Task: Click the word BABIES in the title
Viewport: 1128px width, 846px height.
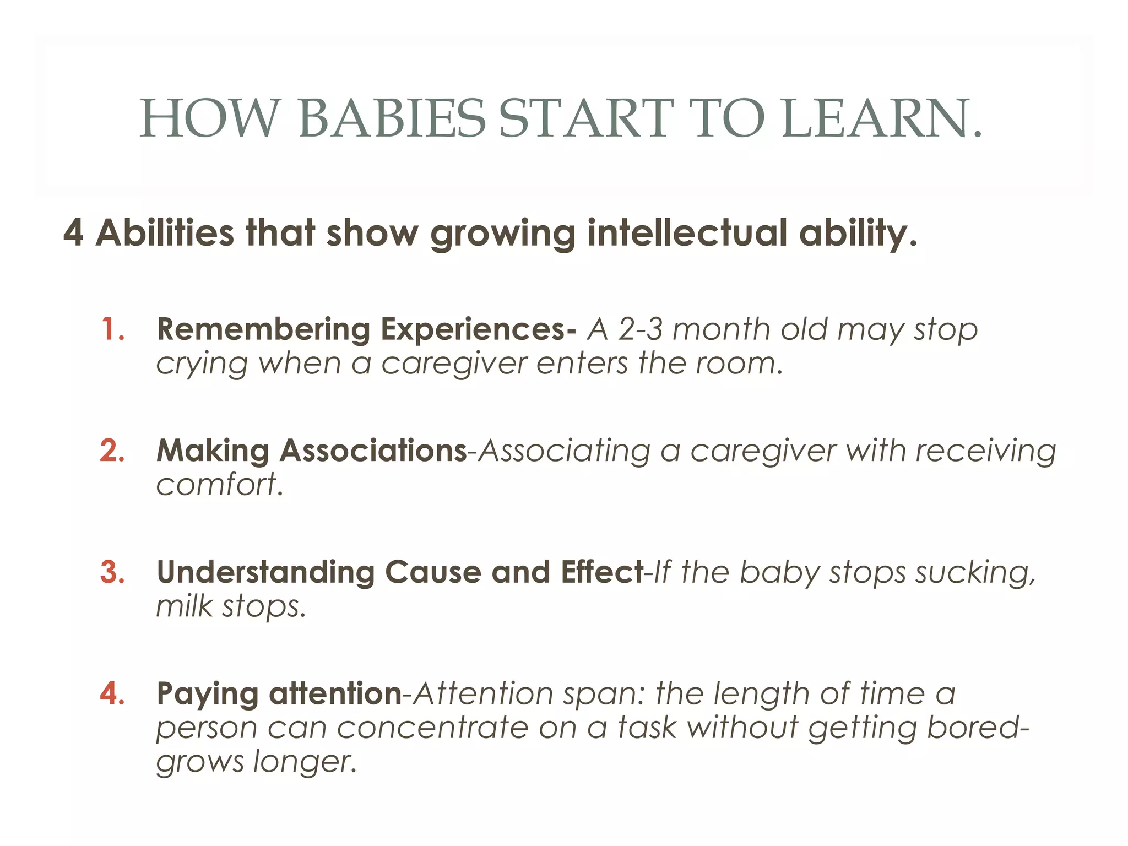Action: (392, 118)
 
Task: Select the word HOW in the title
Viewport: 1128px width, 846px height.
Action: (209, 118)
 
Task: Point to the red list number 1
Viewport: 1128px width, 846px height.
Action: (112, 330)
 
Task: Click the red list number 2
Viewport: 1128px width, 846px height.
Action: (112, 451)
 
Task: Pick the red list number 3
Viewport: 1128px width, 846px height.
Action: (112, 572)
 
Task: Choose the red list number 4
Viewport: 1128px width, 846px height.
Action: (112, 693)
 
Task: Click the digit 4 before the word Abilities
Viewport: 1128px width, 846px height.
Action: (73, 233)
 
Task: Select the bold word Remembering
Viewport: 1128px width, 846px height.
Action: (263, 330)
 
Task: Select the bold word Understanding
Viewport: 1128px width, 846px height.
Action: (265, 572)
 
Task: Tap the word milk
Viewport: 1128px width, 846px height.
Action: (184, 606)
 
